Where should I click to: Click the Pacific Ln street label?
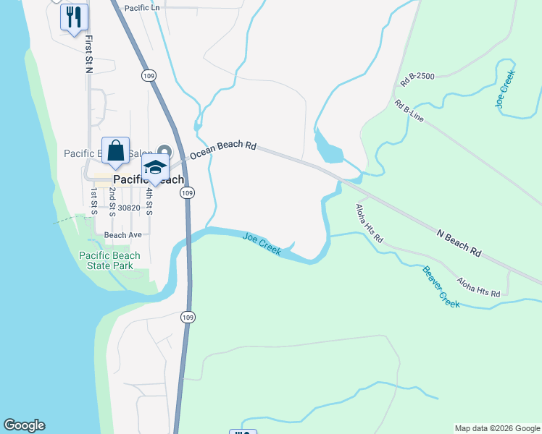pos(142,8)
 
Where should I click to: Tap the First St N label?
pos(88,54)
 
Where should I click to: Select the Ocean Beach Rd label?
pos(223,150)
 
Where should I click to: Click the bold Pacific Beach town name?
pos(149,179)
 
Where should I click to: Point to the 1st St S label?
pos(94,202)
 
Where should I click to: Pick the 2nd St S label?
pos(112,202)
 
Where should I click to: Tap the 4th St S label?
pos(149,202)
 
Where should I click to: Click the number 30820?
pos(128,208)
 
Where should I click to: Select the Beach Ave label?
pos(122,235)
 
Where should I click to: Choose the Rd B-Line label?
pos(409,111)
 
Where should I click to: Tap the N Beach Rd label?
pos(459,244)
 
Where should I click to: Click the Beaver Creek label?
pos(441,287)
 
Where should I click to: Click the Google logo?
pos(24,425)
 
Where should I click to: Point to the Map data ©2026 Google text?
pos(497,428)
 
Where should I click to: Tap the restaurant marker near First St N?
pos(74,17)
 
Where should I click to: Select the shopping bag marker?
pos(116,150)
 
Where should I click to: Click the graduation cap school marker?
pos(154,167)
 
